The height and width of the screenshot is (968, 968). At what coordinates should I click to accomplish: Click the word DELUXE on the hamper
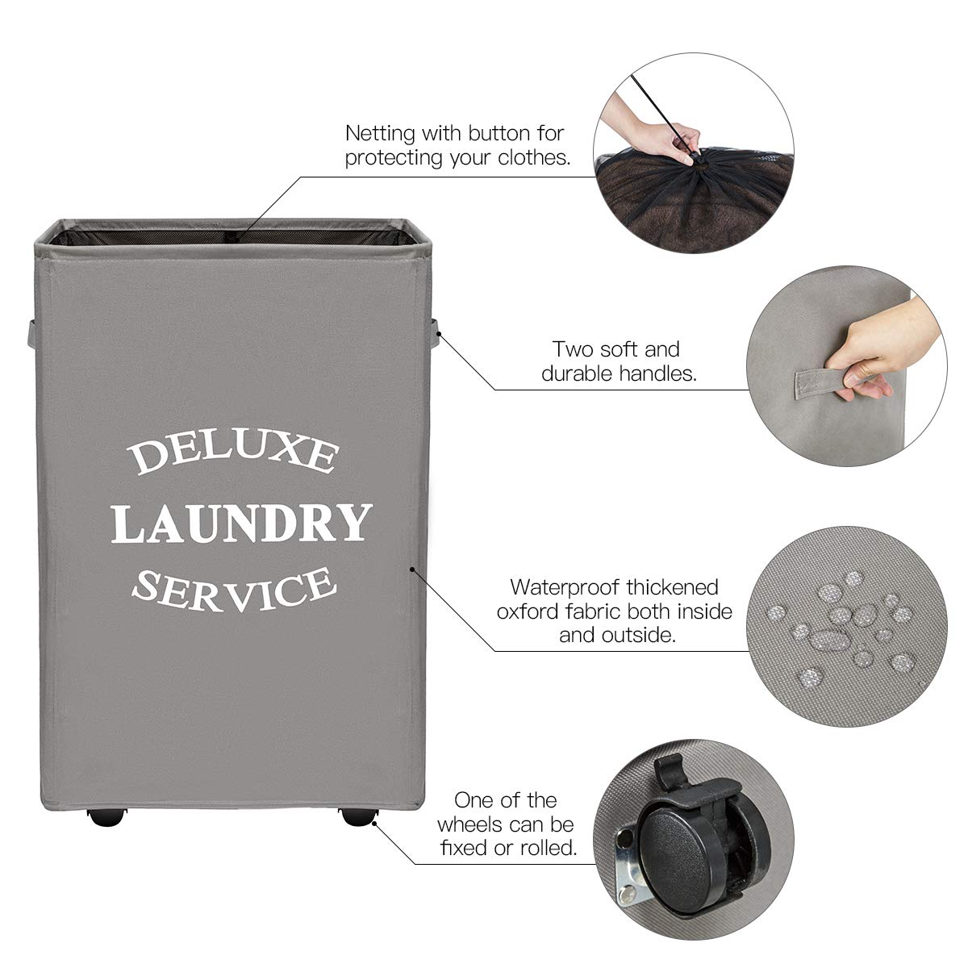(233, 454)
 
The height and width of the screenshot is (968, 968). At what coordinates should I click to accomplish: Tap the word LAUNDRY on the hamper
(241, 523)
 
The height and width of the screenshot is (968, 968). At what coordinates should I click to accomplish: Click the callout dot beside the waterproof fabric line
(412, 569)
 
